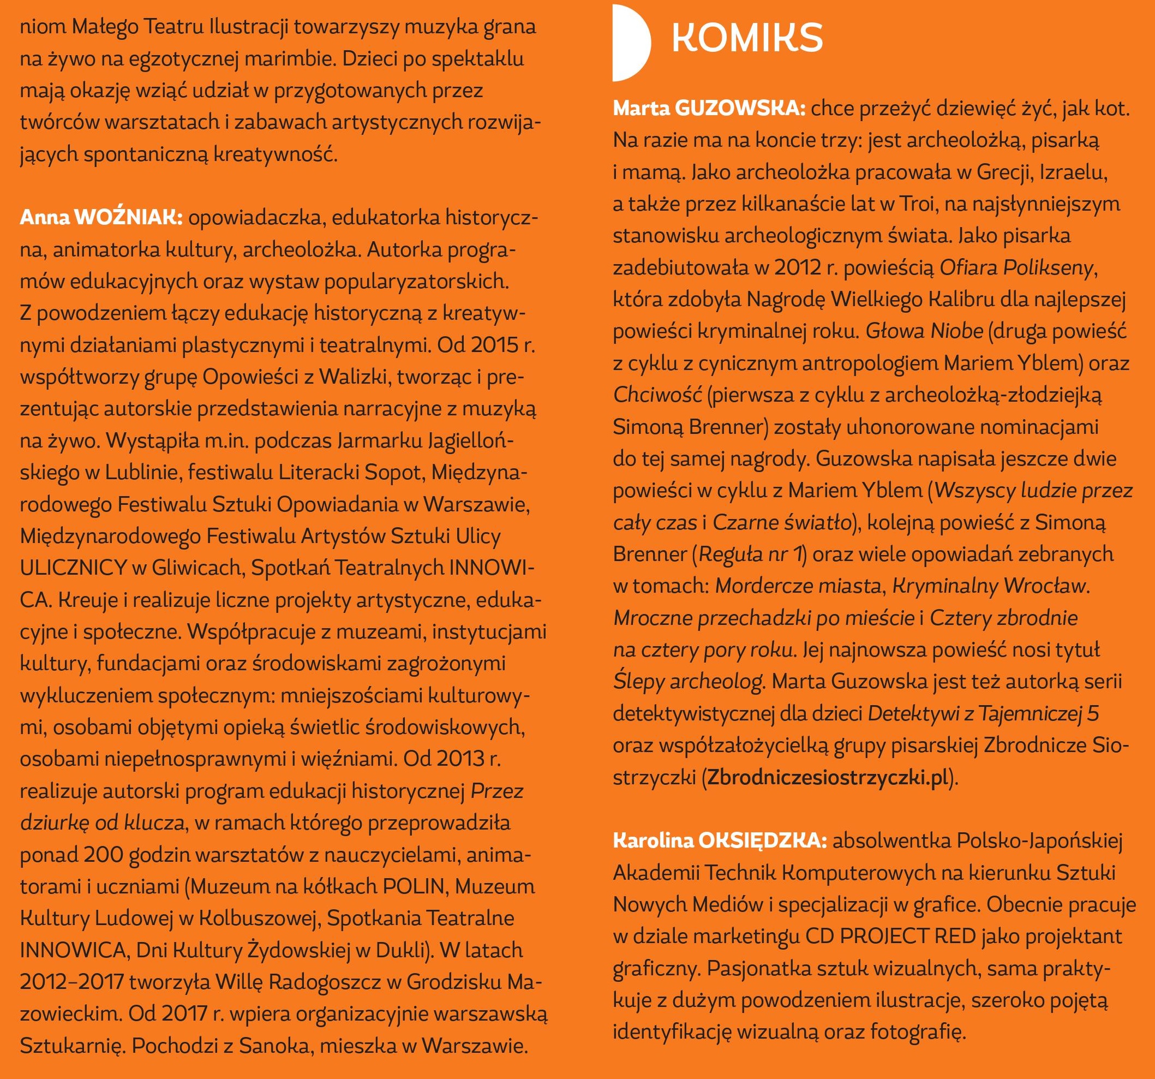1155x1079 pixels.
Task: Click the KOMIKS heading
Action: coord(746,38)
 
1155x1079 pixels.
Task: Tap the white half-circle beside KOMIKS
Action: coord(630,43)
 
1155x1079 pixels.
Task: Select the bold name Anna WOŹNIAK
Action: coord(101,218)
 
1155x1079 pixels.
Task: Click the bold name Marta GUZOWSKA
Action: coord(709,109)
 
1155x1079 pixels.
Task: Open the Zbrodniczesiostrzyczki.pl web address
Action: coord(828,777)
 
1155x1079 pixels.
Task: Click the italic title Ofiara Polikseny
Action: coord(1017,268)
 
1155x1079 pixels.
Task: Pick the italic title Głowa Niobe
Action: coord(924,331)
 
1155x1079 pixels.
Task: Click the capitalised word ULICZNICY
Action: coord(73,567)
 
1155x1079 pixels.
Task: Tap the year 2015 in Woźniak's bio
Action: coord(486,345)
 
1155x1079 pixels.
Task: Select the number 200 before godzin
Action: coord(102,855)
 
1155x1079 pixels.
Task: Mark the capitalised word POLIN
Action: coord(412,887)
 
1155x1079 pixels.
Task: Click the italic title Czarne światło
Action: coord(781,522)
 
